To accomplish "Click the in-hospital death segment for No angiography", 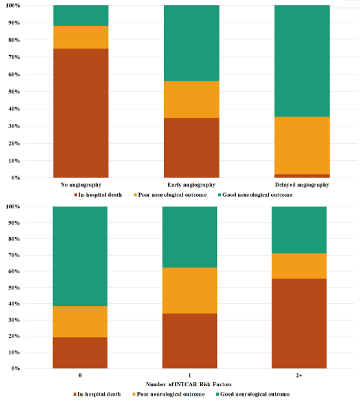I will [80, 113].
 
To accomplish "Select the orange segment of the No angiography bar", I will [80, 37].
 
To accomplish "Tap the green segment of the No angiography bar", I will [80, 16].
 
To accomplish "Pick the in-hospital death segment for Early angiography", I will [191, 147].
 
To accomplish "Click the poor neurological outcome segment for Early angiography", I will [191, 99].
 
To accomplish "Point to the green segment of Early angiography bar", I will [191, 43].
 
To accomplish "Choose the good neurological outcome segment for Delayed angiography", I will [302, 61].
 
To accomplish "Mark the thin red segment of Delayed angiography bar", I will [302, 176].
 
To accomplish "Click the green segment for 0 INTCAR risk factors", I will [80, 256].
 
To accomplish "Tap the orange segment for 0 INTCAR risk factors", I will [80, 321].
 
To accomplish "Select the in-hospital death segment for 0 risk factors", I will [80, 352].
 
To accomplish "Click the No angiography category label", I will [80, 185].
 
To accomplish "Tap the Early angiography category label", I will [191, 185].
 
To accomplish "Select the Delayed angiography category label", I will [302, 185].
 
